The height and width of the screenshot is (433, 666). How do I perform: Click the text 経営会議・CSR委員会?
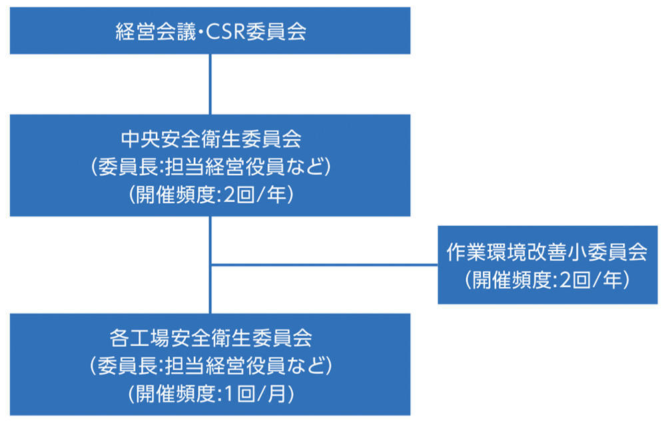pos(210,31)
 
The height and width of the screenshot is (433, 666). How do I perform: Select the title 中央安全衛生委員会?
pos(210,139)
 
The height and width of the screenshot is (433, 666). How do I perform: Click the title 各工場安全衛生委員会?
pos(210,338)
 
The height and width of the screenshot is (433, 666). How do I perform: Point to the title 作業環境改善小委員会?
pos(547,252)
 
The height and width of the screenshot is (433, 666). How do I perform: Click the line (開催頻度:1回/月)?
pos(210,394)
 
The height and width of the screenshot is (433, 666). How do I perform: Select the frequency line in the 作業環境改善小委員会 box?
pos(547,280)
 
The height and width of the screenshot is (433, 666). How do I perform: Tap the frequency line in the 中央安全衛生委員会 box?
pos(210,195)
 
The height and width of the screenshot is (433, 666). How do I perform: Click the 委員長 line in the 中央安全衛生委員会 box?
pos(210,167)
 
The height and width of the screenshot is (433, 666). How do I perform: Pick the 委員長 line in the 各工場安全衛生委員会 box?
pos(210,366)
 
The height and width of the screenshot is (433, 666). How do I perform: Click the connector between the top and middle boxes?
pos(210,84)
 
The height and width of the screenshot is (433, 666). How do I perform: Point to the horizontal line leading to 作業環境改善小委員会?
pos(324,264)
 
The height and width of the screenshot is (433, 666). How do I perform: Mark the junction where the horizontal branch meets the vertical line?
pos(210,264)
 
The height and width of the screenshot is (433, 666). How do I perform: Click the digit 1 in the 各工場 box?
pos(228,394)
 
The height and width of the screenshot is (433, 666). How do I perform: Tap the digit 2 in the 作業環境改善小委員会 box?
pos(565,280)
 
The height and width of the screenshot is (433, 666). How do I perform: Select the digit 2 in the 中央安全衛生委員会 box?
pos(229,195)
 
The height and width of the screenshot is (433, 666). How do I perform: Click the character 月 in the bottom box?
pos(277,394)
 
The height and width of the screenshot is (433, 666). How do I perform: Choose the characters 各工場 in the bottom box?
pos(140,338)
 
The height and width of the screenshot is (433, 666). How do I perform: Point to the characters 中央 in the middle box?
pos(141,139)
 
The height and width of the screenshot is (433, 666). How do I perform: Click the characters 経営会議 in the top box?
pos(155,31)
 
